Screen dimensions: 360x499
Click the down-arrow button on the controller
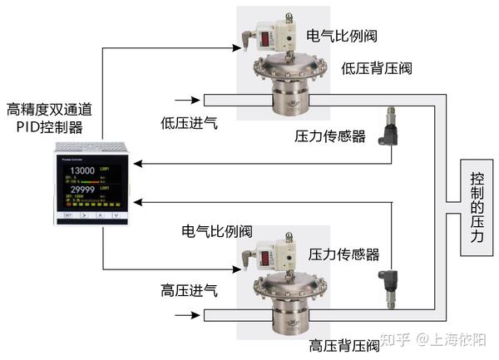pos(116,215)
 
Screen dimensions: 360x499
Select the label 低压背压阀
pos(376,68)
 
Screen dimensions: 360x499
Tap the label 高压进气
pos(189,291)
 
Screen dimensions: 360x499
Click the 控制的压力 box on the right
pos(475,207)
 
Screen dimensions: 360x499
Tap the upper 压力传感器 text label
pos(330,136)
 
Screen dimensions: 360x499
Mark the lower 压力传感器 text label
pos(343,254)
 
